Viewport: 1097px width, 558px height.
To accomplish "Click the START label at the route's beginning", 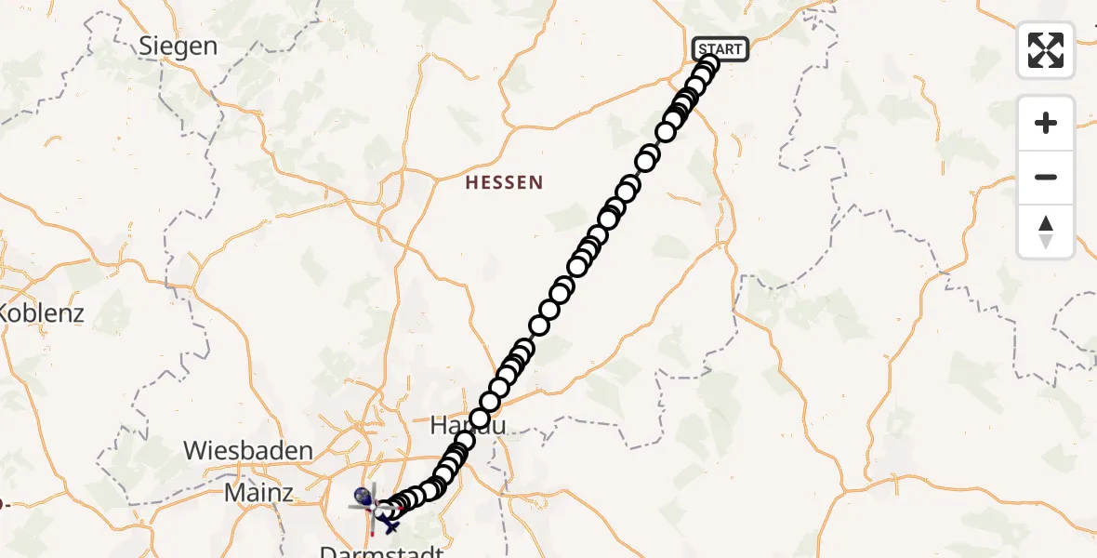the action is tap(720, 49).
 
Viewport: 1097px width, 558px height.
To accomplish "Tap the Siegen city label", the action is tap(178, 46).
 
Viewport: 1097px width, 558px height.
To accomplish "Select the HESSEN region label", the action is tap(504, 182).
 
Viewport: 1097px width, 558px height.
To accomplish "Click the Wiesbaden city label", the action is tap(247, 451).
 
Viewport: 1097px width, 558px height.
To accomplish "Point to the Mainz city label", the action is tap(259, 493).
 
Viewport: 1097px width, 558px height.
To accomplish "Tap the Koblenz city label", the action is tap(41, 312).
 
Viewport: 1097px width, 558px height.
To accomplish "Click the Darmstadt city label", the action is tap(382, 550).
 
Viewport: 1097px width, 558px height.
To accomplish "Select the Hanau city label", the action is tap(468, 426).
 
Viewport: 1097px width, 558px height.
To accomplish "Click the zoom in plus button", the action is tap(1046, 123).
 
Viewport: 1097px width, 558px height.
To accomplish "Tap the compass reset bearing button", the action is tap(1046, 232).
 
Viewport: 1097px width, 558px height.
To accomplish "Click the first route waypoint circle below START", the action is tap(708, 64).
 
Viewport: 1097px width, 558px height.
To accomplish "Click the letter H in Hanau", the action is tap(438, 426).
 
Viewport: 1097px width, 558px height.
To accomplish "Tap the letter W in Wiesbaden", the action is tap(194, 451).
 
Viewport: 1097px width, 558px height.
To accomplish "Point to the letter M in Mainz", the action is tap(232, 493).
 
